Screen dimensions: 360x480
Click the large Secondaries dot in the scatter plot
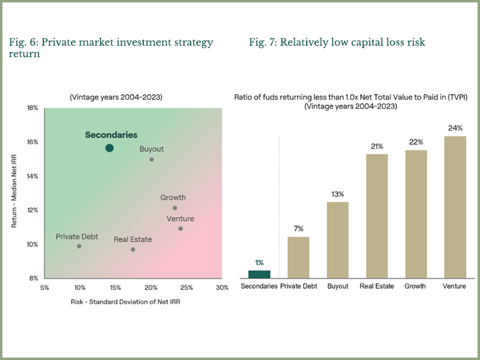109,148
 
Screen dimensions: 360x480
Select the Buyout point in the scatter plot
152,159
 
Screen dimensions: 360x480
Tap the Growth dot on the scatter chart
175,208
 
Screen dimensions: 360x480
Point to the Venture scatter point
180,228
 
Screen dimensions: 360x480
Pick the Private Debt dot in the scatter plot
79,246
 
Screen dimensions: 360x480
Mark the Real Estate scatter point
133,249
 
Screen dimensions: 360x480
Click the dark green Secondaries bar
259,274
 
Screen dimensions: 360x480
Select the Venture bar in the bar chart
454,207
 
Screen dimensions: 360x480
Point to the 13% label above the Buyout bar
337,194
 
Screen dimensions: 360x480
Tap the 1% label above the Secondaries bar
259,263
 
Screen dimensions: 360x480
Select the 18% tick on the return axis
32,108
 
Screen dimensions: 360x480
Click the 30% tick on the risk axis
222,288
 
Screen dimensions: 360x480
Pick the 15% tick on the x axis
115,288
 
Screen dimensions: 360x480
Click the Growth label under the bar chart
416,286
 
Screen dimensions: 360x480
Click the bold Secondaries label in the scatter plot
111,135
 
